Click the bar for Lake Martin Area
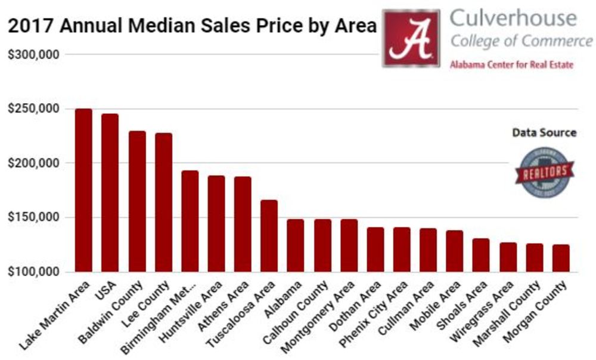coord(83,190)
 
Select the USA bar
coord(110,193)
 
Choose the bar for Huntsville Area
coord(216,224)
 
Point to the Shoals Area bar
coord(481,255)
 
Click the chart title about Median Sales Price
coord(192,27)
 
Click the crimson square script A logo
coord(411,38)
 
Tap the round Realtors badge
coord(545,172)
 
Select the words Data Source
coord(544,132)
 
